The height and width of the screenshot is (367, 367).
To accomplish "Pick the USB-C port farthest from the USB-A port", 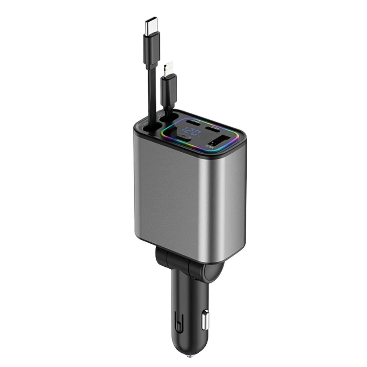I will pyautogui.click(x=193, y=121).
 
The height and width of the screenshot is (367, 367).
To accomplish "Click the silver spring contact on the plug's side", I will pyautogui.click(x=205, y=320).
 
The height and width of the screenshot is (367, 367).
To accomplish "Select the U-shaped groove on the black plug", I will pyautogui.click(x=179, y=319).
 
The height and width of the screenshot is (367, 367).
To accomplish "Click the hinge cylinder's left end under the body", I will pyautogui.click(x=161, y=255).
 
